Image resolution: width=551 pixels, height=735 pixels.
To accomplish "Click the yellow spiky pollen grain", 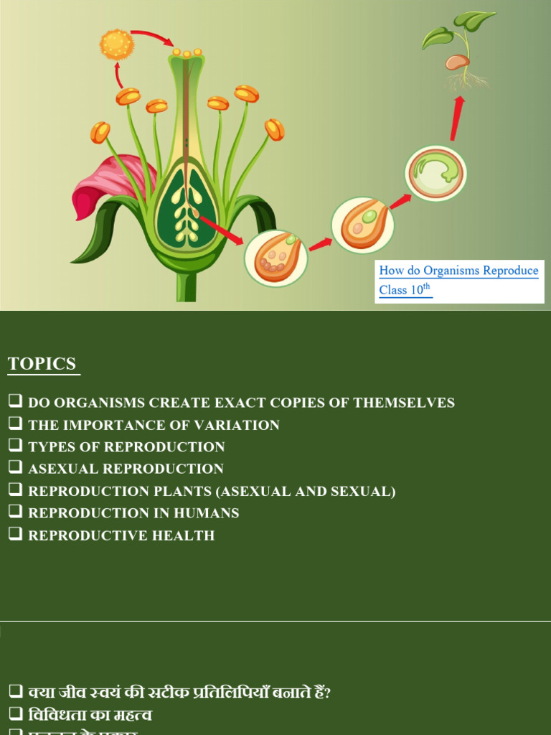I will (x=117, y=44).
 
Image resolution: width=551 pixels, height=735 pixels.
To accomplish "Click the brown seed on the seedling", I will (x=456, y=62).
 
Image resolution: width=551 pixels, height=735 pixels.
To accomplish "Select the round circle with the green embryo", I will (x=436, y=173).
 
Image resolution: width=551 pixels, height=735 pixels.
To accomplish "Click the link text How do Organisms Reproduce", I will (x=458, y=271).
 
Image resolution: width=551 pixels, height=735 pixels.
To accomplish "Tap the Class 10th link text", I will (x=405, y=290).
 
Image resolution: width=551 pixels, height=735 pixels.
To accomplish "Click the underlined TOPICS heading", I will (x=42, y=364).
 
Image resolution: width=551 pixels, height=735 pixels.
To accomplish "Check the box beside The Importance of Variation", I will (x=16, y=423).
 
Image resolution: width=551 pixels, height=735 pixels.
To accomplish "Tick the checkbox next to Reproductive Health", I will (x=16, y=533).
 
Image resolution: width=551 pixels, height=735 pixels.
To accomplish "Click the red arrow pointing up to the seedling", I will (x=456, y=119).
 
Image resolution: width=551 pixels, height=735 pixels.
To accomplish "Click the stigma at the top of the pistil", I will (x=187, y=53).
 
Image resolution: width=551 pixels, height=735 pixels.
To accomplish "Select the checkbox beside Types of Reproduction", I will (x=16, y=446).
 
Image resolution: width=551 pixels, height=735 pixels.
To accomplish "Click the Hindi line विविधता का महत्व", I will (x=90, y=716).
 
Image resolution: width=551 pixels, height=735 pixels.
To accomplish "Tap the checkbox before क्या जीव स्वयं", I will (x=16, y=692).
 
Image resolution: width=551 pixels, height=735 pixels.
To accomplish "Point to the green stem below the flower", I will (x=187, y=287).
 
